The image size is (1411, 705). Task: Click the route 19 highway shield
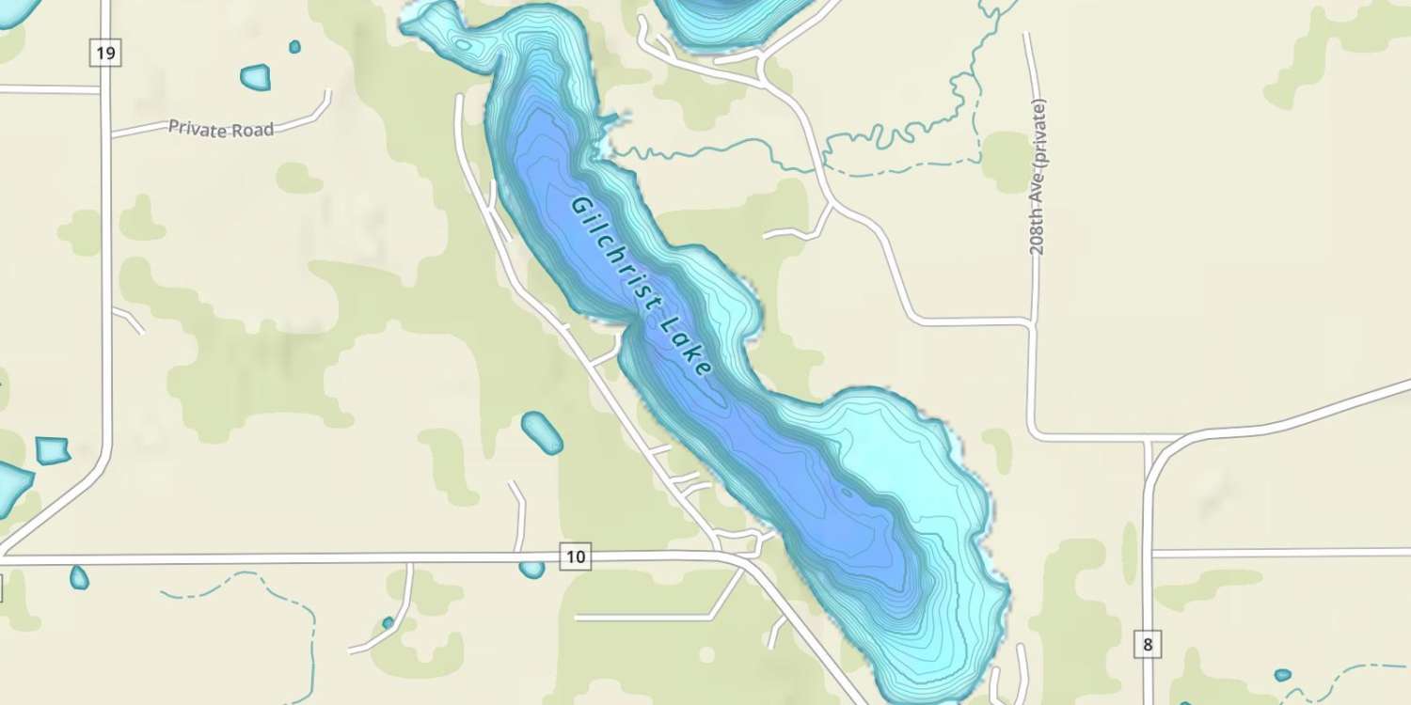pyautogui.click(x=105, y=54)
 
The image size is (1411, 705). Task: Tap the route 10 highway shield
pyautogui.click(x=576, y=557)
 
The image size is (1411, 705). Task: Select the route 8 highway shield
pyautogui.click(x=1147, y=645)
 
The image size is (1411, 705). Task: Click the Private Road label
pyautogui.click(x=221, y=129)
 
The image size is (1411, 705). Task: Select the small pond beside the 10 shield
pyautogui.click(x=531, y=569)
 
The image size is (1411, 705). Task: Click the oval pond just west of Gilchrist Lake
pyautogui.click(x=542, y=432)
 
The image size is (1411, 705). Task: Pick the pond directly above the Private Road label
pyautogui.click(x=255, y=77)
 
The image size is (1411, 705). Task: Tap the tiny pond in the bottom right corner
pyautogui.click(x=1282, y=674)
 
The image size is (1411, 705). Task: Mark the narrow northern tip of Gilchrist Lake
pyautogui.click(x=428, y=19)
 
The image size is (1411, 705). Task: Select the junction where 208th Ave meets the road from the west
pyautogui.click(x=1032, y=323)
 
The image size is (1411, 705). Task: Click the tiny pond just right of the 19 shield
pyautogui.click(x=294, y=46)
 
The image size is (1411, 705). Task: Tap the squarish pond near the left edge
pyautogui.click(x=53, y=450)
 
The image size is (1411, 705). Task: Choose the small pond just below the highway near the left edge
pyautogui.click(x=79, y=577)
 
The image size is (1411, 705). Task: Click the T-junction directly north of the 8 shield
pyautogui.click(x=1149, y=439)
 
